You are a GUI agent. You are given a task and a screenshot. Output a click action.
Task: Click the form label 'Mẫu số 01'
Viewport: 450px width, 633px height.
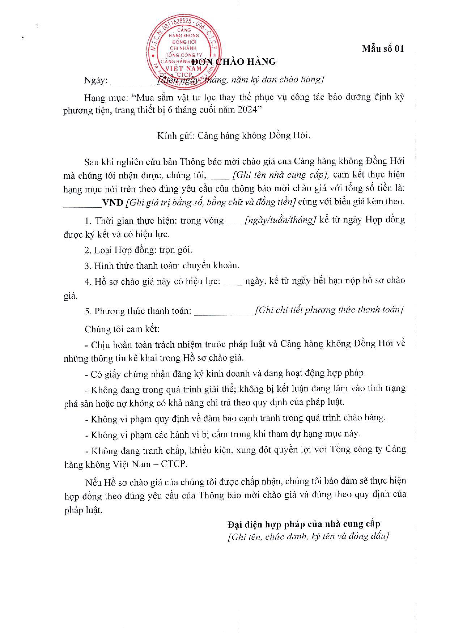click(x=383, y=49)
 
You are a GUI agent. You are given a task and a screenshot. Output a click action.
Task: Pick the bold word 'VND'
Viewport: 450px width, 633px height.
click(x=113, y=203)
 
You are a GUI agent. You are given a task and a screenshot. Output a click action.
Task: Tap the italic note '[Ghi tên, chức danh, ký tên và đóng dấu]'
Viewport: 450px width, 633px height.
click(x=308, y=537)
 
